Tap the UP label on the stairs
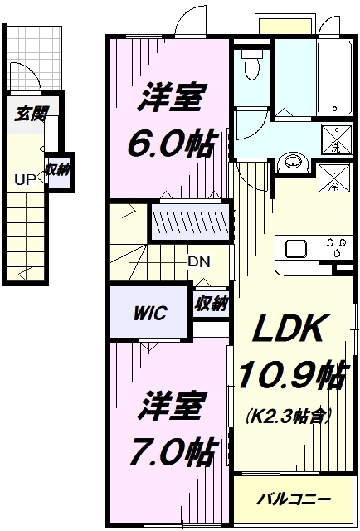[x=24, y=178]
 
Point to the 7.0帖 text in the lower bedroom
[x=173, y=451]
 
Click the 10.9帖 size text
[x=292, y=378]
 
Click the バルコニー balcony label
[x=292, y=499]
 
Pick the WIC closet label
[x=150, y=313]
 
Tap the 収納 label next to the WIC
[x=211, y=304]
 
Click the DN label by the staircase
[x=198, y=261]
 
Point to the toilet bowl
[x=249, y=66]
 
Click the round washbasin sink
[x=291, y=161]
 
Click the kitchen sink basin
[x=297, y=248]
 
